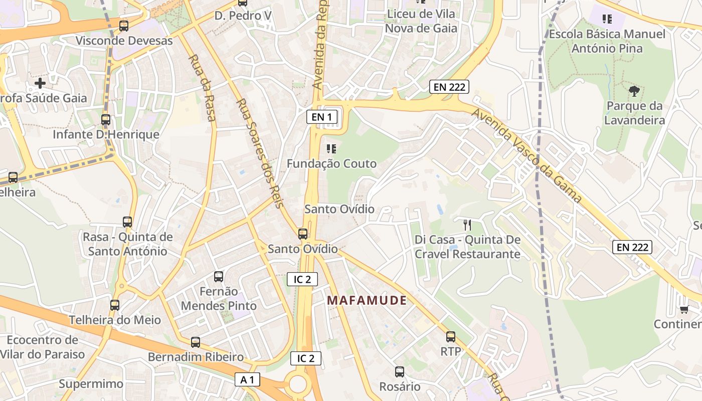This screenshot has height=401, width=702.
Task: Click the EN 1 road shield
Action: pos(322,117)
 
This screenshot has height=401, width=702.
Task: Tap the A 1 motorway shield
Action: pos(248,380)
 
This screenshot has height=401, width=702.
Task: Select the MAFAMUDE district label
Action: pos(367,300)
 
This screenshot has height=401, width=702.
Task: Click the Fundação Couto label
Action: pos(331,163)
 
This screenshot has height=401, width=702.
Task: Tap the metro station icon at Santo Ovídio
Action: pos(303,234)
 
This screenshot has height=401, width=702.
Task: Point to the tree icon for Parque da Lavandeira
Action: pos(634,91)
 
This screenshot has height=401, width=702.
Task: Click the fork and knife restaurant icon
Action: pos(467,225)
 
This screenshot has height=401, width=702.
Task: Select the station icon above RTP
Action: pos(451,337)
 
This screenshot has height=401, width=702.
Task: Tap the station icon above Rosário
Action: pos(400,372)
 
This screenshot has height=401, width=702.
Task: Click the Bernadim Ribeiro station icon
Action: pos(196,342)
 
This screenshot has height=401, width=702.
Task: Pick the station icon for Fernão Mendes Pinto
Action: pos(219,276)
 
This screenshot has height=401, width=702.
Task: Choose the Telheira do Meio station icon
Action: pos(115,305)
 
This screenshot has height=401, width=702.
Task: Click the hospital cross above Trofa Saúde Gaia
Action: pos(40,83)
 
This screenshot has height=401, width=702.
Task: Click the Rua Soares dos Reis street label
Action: pos(260,153)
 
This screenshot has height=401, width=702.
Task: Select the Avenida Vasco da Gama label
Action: pos(527,156)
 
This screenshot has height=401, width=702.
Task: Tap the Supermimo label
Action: pos(91,384)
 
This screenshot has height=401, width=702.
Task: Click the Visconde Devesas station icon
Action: pos(124,26)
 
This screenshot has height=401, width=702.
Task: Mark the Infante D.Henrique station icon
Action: pos(106,120)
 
